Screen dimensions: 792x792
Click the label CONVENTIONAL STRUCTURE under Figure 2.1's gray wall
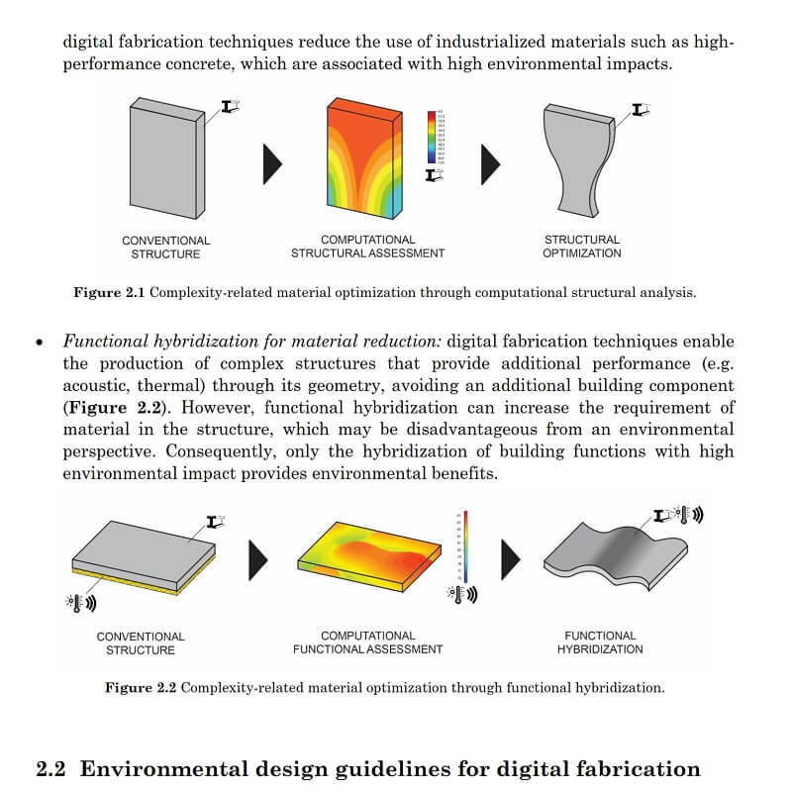click(x=165, y=247)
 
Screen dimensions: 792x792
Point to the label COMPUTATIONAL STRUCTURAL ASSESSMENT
click(x=367, y=247)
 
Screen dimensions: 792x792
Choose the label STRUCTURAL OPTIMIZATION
click(x=581, y=247)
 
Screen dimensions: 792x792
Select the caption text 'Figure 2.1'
click(x=109, y=293)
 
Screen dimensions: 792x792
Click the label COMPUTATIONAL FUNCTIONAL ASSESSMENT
click(x=367, y=643)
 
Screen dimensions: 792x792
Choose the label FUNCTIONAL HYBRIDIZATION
click(x=600, y=643)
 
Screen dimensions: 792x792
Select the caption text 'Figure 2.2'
click(x=140, y=688)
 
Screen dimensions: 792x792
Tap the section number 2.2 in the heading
click(x=51, y=769)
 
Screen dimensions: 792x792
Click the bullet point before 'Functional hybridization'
click(x=40, y=343)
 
